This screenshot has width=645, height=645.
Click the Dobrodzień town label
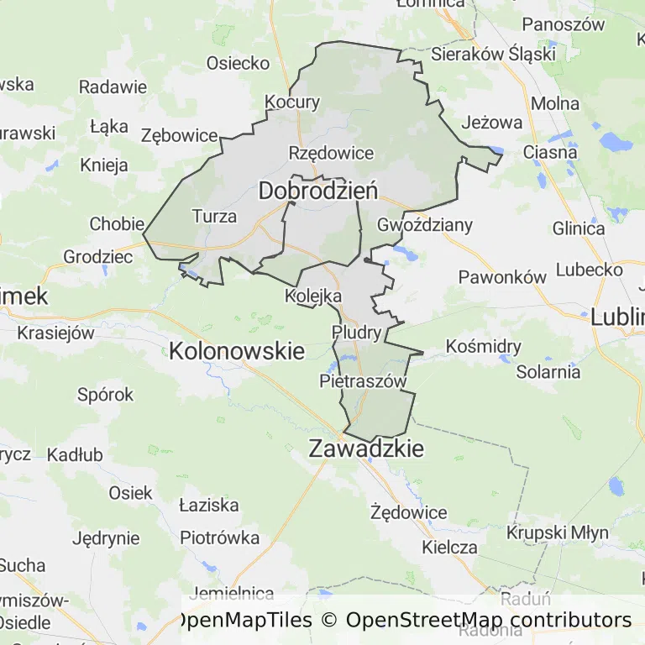[x=317, y=191]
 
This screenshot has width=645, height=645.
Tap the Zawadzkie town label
[x=366, y=448]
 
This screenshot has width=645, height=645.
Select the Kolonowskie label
[x=237, y=350]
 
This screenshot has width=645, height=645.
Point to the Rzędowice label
[x=331, y=153]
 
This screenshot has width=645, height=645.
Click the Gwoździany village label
[x=425, y=225]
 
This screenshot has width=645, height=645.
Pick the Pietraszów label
[x=363, y=381]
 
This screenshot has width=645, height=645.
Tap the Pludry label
[x=357, y=332]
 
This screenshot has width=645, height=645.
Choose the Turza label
[x=214, y=216]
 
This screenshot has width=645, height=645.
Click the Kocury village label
[x=292, y=102]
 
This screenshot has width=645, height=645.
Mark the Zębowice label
[x=180, y=135]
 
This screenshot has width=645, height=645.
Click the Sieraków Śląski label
[x=493, y=54]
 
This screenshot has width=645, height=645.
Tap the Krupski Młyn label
[x=551, y=532]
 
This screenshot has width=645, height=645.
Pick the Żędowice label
[x=409, y=512]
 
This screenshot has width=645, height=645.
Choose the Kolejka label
[x=313, y=296]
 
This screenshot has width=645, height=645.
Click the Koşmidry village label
[x=484, y=346]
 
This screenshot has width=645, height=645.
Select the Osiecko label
[x=239, y=63]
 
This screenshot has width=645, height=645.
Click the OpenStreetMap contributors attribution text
[x=489, y=620]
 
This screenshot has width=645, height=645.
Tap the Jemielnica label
[x=233, y=594]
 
